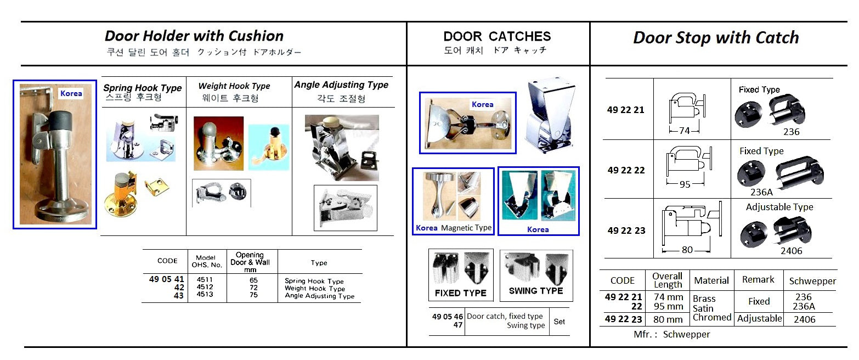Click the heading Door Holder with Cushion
(x=194, y=36)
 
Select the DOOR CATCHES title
(x=497, y=36)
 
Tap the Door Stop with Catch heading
(x=716, y=37)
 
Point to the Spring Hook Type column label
(x=143, y=88)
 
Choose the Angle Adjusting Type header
(x=341, y=85)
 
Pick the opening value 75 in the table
(x=253, y=295)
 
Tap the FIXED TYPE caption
(x=460, y=293)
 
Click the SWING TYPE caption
(x=536, y=291)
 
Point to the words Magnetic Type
(x=466, y=228)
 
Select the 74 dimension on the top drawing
(x=683, y=131)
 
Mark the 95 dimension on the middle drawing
(x=685, y=184)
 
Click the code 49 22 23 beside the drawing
(x=626, y=230)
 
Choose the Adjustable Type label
(x=779, y=207)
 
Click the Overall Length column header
(x=667, y=280)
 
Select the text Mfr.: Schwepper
(x=671, y=334)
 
